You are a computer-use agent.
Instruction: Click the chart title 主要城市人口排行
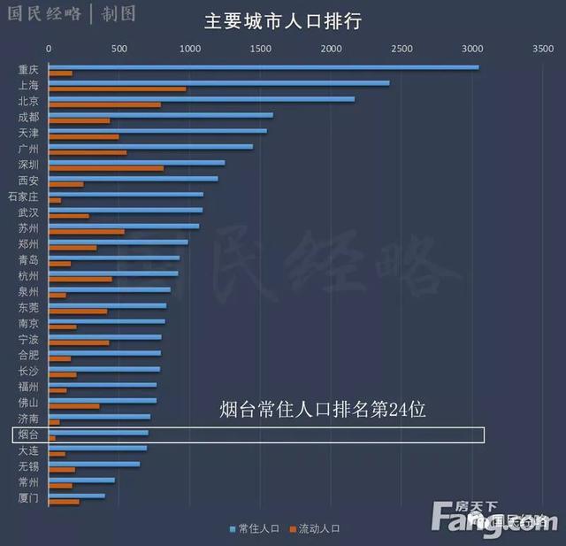(282, 20)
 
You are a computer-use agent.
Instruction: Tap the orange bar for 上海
(117, 88)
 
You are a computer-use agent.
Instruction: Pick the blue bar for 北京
(201, 99)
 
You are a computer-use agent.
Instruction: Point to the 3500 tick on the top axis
(542, 50)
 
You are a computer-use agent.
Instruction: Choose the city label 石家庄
(23, 196)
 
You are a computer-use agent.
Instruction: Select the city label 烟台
(28, 434)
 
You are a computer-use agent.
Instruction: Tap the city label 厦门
(28, 498)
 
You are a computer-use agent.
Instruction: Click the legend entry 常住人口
(258, 528)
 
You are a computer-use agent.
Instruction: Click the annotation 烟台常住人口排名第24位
(323, 410)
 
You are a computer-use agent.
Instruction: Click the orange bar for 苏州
(86, 232)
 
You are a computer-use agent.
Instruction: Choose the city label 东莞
(28, 308)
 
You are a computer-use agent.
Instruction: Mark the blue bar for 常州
(81, 481)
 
